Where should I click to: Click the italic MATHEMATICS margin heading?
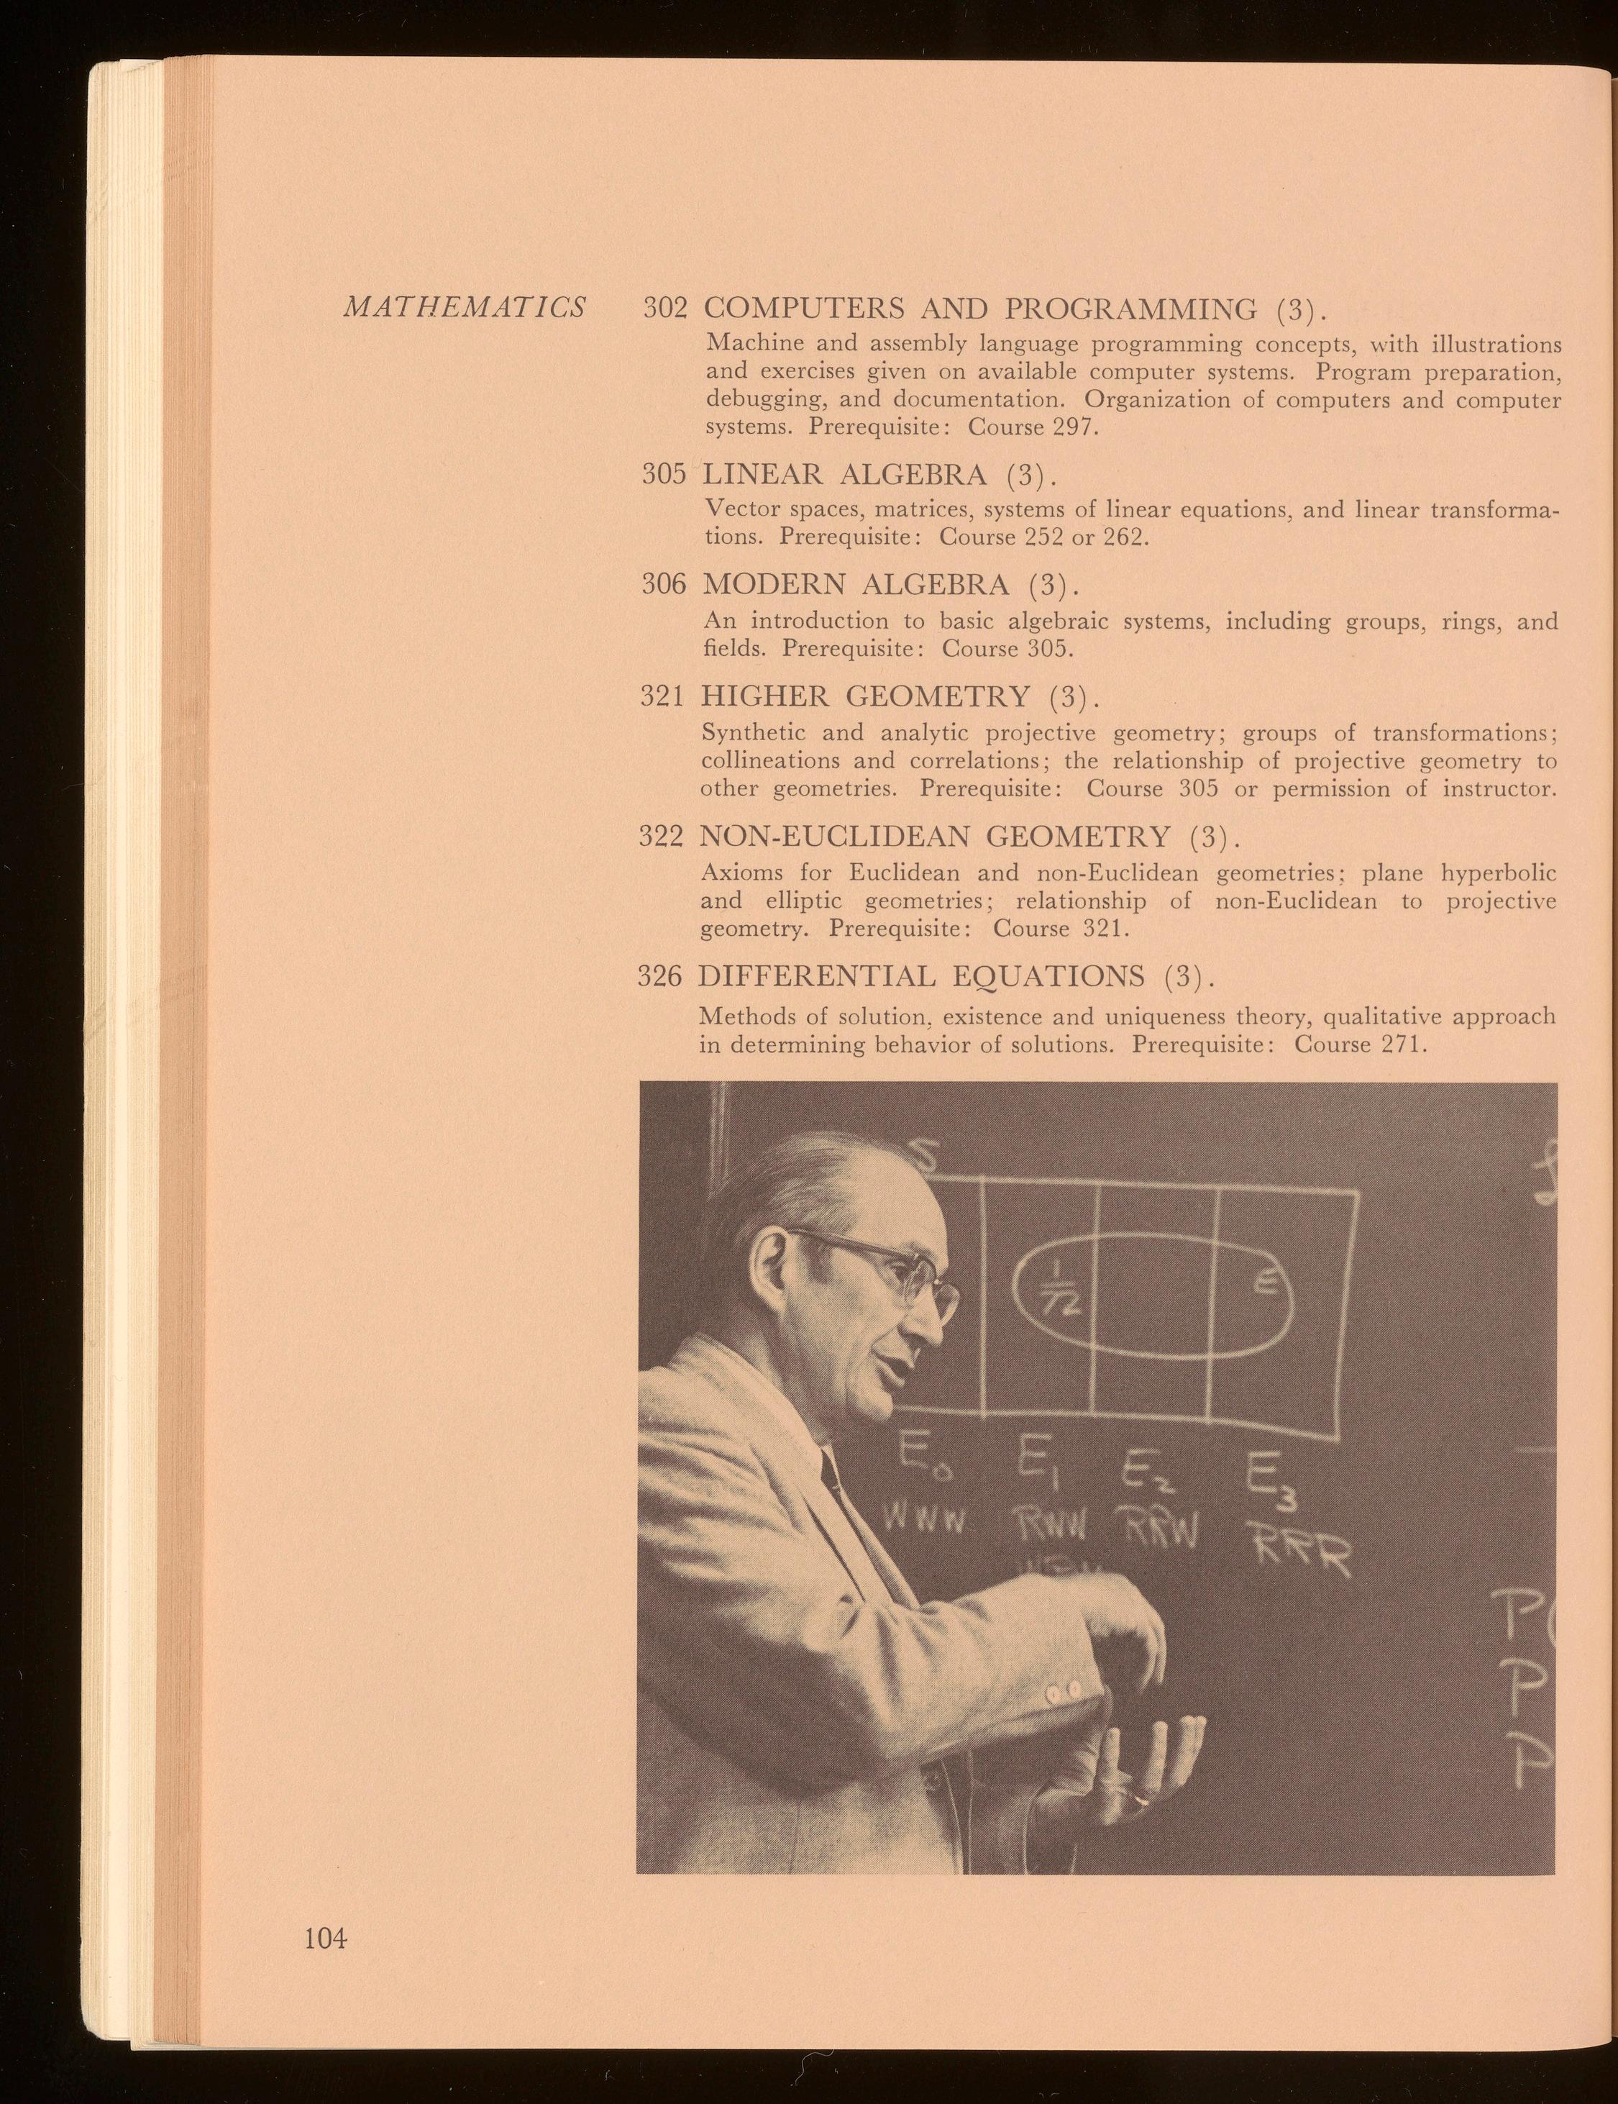point(465,307)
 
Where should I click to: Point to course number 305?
point(664,474)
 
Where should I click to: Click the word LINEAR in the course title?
point(763,474)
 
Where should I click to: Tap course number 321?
point(662,696)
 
